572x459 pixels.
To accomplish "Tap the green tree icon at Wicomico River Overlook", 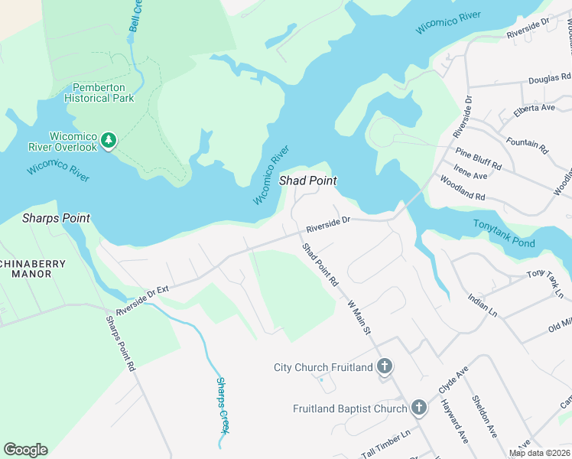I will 109,140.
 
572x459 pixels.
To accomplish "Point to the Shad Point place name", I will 308,181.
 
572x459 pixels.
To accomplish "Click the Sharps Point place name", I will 56,218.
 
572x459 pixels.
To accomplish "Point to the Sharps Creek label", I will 223,402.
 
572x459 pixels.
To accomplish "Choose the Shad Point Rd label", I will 320,265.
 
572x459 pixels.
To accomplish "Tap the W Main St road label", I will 359,317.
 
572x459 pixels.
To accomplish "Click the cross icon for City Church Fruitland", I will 385,367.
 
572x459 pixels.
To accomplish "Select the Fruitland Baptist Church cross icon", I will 418,409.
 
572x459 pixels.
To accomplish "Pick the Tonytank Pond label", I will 505,233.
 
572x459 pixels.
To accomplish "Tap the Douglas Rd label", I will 549,79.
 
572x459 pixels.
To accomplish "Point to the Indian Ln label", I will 483,306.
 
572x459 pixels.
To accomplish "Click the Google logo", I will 25,450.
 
